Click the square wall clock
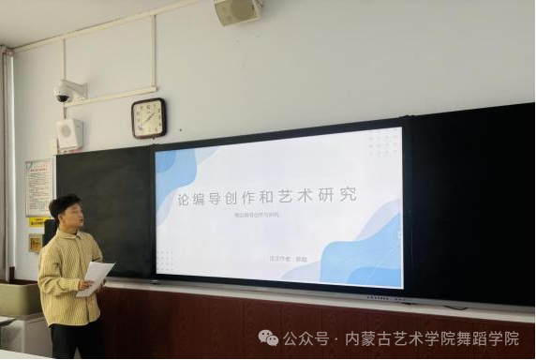click(x=148, y=117)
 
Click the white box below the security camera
click(x=68, y=133)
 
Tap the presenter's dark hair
click(x=64, y=202)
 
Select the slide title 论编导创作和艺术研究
click(x=267, y=200)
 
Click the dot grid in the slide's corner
click(x=381, y=142)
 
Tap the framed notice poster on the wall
click(x=38, y=187)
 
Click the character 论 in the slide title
click(x=186, y=200)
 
